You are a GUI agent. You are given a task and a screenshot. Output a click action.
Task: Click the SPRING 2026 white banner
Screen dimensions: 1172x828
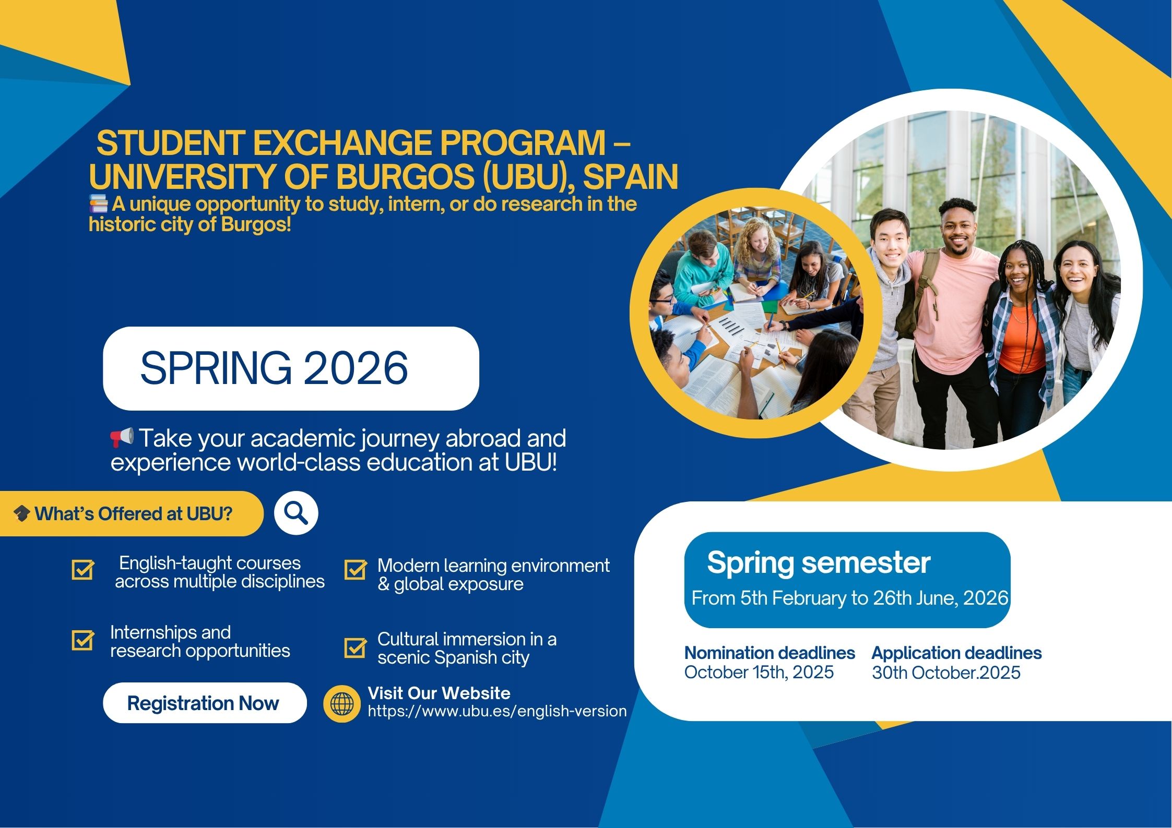[291, 368]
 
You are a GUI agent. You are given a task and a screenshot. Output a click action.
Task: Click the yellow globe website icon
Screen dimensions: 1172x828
[342, 704]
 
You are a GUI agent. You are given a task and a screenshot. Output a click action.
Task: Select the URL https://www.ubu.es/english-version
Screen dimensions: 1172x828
[497, 711]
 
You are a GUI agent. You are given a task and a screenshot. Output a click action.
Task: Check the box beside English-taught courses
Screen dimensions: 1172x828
[83, 570]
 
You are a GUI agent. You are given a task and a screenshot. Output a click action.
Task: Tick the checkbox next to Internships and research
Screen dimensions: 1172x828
[83, 640]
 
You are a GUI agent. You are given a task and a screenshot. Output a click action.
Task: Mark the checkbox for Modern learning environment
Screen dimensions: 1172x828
[356, 570]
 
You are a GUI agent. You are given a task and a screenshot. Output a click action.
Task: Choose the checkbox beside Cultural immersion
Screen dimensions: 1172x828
[356, 647]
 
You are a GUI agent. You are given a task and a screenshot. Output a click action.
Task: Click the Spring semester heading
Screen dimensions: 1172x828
[819, 563]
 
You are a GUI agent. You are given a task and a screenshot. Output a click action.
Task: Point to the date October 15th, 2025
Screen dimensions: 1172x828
[759, 672]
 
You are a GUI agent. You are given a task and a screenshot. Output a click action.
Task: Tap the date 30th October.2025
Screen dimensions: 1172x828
[946, 673]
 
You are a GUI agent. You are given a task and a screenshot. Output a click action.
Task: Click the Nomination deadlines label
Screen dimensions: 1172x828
[770, 653]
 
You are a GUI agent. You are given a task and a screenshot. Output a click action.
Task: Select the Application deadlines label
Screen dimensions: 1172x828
[956, 653]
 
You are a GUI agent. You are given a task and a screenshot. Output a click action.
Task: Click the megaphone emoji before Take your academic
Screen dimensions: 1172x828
[122, 437]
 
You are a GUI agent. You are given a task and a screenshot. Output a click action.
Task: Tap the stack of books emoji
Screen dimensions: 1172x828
[99, 203]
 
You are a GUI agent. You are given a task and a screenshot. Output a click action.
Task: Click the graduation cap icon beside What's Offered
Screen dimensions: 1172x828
[21, 514]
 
